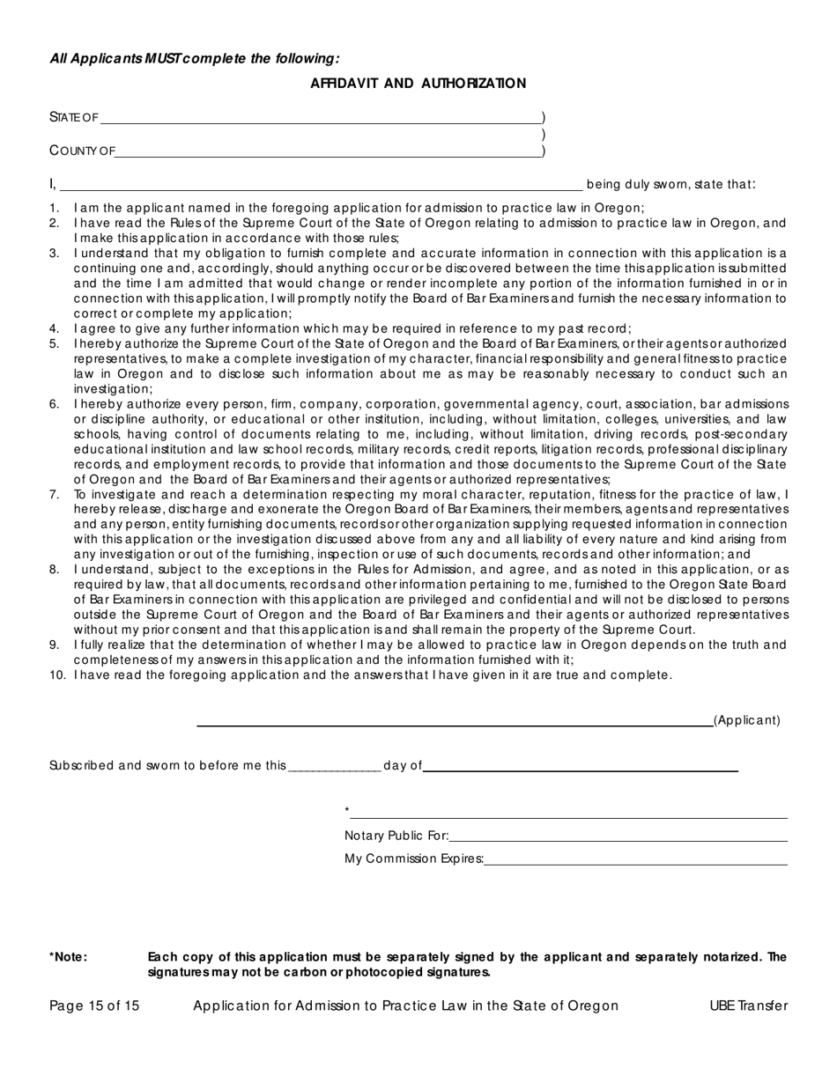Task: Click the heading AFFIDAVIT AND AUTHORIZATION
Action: click(x=418, y=84)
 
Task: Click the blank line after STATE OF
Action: click(x=321, y=121)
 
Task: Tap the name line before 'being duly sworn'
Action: click(x=321, y=188)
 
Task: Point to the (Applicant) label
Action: click(x=746, y=720)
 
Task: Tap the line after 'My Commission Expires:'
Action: click(x=635, y=863)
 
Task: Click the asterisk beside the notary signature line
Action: click(x=347, y=811)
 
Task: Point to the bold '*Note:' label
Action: click(x=69, y=957)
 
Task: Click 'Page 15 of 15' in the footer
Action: click(x=94, y=1006)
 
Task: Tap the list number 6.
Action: click(x=55, y=404)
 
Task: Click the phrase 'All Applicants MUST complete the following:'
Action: click(x=194, y=59)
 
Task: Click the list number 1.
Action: click(x=55, y=208)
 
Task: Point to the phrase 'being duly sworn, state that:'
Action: click(x=670, y=185)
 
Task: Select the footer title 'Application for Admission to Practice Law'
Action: click(x=405, y=1006)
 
